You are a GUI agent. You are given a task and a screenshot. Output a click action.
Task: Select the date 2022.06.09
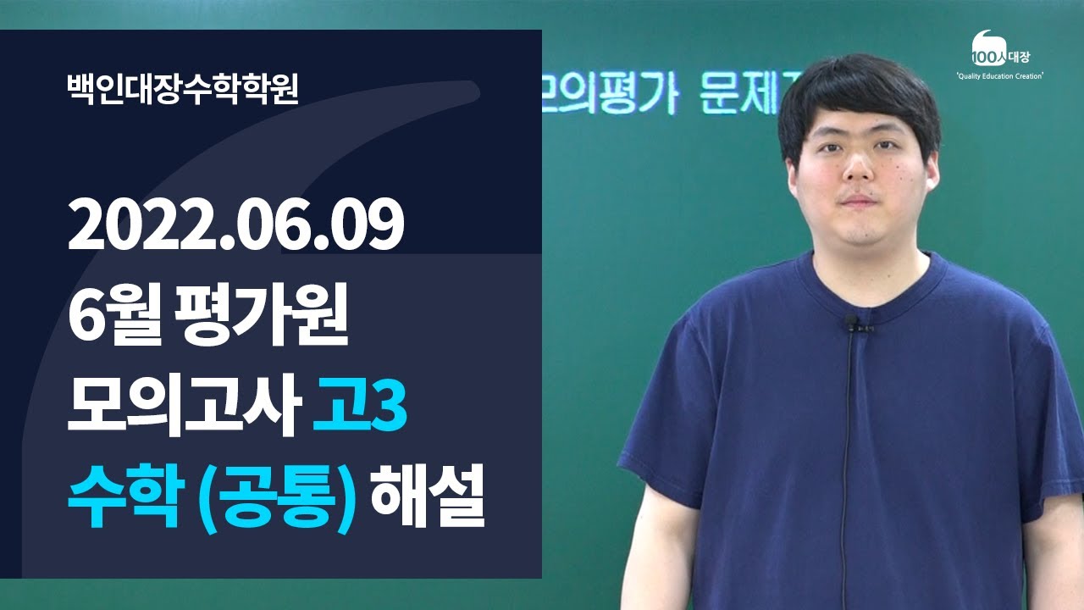tap(236, 228)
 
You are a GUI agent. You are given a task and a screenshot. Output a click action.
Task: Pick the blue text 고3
tap(359, 408)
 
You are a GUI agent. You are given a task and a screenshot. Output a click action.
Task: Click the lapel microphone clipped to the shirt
tap(852, 323)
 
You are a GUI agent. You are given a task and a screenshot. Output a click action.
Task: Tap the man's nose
tap(858, 169)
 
